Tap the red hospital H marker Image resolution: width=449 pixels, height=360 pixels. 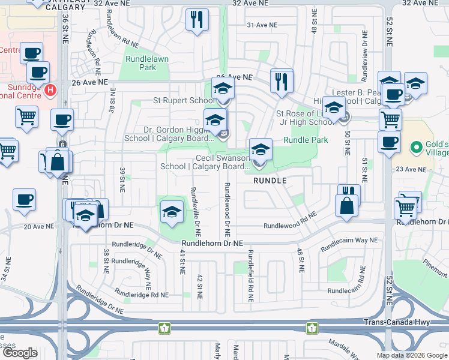(x=50, y=91)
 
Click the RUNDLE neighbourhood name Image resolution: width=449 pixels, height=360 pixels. (x=269, y=180)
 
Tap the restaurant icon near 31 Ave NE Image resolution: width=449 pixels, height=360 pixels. (x=196, y=20)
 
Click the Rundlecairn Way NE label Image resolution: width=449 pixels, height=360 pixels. (x=349, y=244)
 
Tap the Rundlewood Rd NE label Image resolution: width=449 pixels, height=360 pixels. (x=290, y=226)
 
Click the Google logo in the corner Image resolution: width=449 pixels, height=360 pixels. (x=19, y=353)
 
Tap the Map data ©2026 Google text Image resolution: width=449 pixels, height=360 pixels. (x=411, y=355)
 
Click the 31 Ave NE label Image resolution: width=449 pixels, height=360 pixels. (x=262, y=25)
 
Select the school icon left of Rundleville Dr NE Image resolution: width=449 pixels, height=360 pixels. (x=172, y=211)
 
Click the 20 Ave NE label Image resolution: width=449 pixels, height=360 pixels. (x=35, y=226)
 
